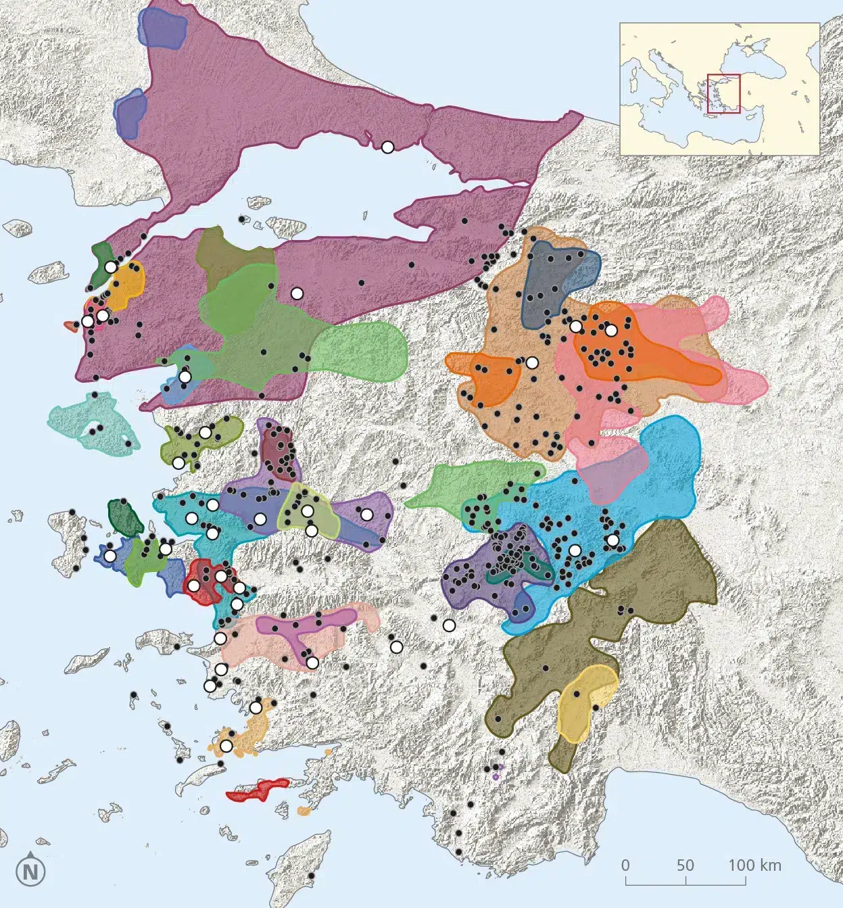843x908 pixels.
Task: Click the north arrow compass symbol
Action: [30, 871]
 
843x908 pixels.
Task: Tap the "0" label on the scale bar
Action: [625, 865]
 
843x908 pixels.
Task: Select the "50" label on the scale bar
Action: [685, 865]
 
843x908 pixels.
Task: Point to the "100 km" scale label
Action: [754, 865]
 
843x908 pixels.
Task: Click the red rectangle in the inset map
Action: [723, 93]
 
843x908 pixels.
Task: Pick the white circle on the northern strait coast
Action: [387, 147]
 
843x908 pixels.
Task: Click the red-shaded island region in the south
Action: [259, 790]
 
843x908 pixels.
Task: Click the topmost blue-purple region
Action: [162, 29]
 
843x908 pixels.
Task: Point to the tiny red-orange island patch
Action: [70, 326]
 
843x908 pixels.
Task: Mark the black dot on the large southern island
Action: [312, 876]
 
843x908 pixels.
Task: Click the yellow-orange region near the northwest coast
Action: [125, 287]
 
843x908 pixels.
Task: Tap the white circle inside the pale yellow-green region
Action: [308, 510]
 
